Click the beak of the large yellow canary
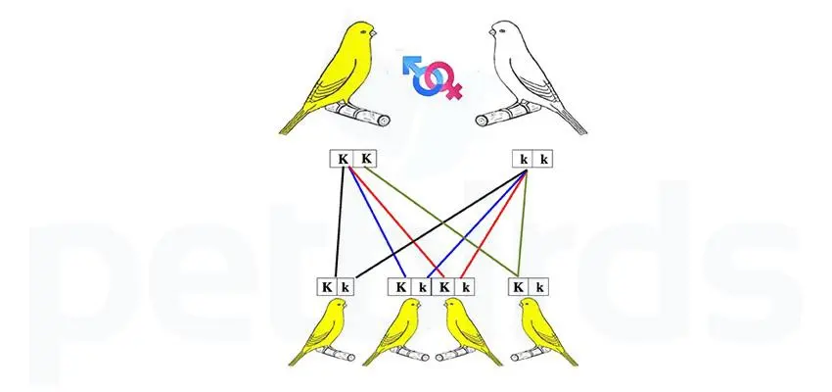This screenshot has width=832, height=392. coord(373,34)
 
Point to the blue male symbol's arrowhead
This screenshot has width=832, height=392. coord(409,63)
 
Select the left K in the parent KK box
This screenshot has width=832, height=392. coord(343,159)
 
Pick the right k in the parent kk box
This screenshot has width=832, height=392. coord(543,160)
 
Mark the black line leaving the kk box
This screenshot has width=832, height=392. coord(440,223)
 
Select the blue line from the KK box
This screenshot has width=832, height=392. coord(376,223)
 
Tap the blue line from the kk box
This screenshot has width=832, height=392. coord(477,223)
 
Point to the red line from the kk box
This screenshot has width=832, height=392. coord(493,223)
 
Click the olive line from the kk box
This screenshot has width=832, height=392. coord(522,223)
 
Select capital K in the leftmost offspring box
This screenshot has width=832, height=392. coord(327,287)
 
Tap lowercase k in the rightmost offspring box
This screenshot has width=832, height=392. coord(539,288)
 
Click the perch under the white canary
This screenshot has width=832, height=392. coord(508,114)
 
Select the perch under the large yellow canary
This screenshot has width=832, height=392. coord(357,114)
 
